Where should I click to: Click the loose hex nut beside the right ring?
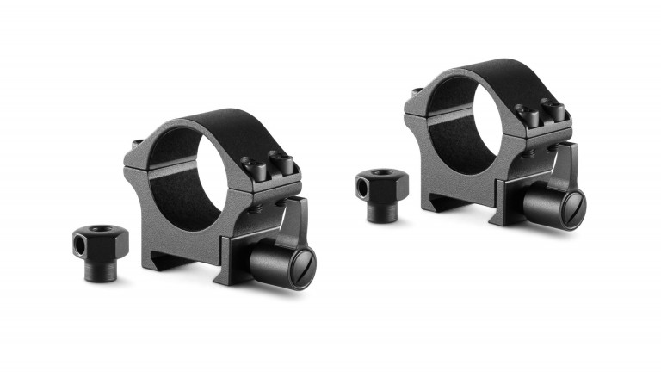pyautogui.click(x=382, y=191)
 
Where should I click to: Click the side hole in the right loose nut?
pyautogui.click(x=365, y=185)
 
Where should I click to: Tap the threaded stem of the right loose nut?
pyautogui.click(x=382, y=212)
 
